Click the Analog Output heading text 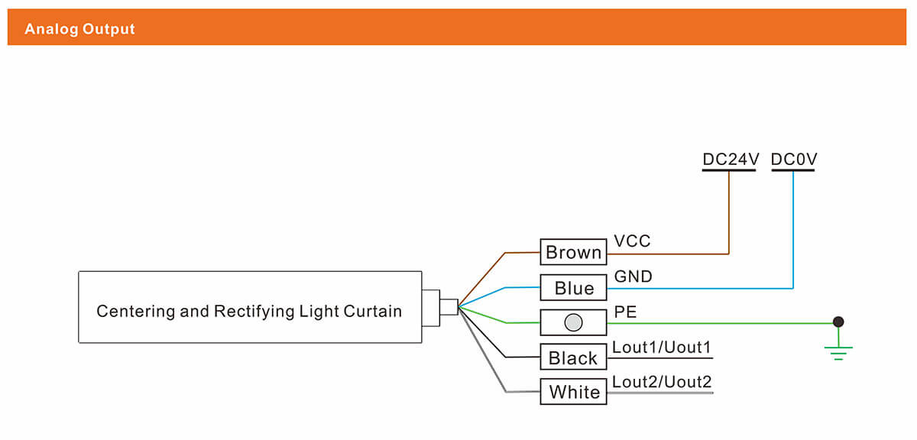(x=79, y=29)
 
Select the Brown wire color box (x=574, y=252)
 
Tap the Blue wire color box (x=574, y=287)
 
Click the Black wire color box (x=573, y=357)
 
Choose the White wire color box (x=574, y=392)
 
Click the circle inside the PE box (x=573, y=322)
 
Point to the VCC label (x=632, y=241)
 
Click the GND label (x=633, y=277)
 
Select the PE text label (x=625, y=312)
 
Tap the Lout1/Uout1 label (x=662, y=347)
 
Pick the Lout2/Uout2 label (x=662, y=381)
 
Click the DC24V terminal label (x=730, y=160)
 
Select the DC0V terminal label (x=794, y=160)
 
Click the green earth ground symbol (x=838, y=351)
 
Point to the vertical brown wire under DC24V (x=729, y=214)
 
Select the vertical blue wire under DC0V (x=793, y=229)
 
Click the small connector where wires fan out (x=449, y=306)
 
